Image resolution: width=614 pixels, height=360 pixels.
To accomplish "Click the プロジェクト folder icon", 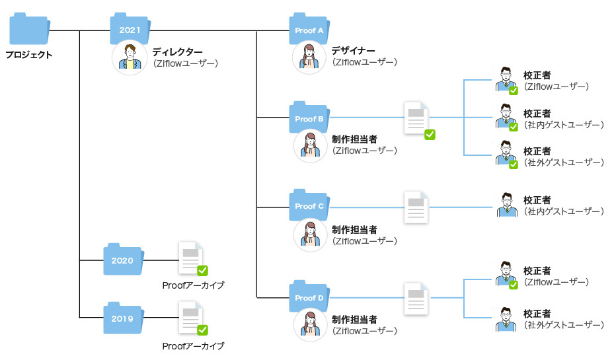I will click(x=30, y=30).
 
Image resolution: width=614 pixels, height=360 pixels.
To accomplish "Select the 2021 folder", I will click(x=130, y=30).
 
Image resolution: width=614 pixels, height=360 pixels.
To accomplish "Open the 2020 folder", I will click(x=123, y=260).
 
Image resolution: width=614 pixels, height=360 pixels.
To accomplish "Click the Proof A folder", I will click(x=309, y=30).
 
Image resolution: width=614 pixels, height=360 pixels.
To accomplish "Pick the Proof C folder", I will click(x=309, y=206).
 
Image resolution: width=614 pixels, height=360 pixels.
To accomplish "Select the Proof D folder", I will click(x=309, y=298).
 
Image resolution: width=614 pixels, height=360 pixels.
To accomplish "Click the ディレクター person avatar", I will click(x=130, y=57).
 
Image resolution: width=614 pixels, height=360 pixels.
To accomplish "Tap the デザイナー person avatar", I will click(x=309, y=57).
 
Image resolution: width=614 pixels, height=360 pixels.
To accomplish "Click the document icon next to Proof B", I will click(x=417, y=118).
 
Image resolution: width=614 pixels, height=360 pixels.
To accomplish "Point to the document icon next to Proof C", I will click(x=417, y=207).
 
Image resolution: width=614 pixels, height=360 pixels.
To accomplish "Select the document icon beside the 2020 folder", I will click(x=190, y=258).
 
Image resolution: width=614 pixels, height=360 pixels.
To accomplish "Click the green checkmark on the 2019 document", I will click(x=203, y=329).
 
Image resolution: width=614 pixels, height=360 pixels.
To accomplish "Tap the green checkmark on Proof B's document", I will click(x=430, y=134).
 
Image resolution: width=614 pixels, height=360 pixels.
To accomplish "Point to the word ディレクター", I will click(x=178, y=52).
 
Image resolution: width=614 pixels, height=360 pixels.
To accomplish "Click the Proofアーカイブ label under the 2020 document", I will click(x=193, y=285).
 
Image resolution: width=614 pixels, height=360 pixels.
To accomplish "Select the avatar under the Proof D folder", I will click(x=310, y=325).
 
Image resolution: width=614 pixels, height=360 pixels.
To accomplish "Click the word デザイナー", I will click(x=354, y=52).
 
